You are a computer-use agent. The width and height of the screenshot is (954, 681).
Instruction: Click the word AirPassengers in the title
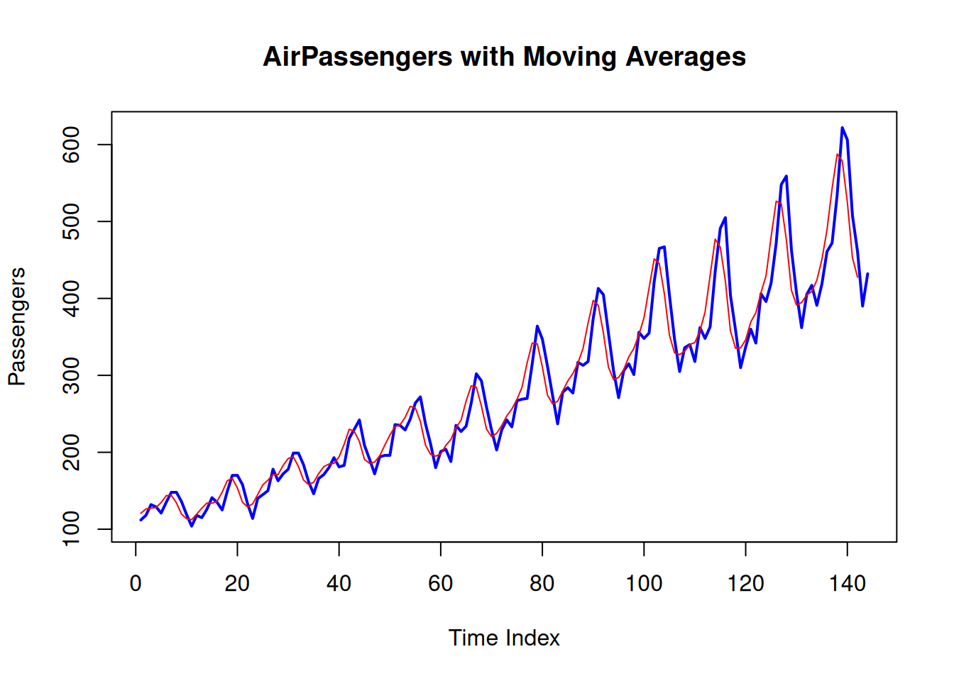[x=357, y=57]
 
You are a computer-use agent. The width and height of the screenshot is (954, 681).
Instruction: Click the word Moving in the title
[x=570, y=57]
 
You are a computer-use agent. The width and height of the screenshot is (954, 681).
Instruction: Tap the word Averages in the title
[x=686, y=57]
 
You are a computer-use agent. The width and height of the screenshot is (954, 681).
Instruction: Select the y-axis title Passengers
[x=17, y=327]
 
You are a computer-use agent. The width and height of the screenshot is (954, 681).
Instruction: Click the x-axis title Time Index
[x=504, y=638]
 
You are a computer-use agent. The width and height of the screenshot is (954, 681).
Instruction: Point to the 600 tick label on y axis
[x=71, y=145]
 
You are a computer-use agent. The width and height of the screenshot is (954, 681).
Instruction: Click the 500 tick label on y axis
[x=71, y=222]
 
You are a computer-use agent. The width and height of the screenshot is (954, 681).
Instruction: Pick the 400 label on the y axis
[x=71, y=299]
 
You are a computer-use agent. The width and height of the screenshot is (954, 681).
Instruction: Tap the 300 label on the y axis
[x=71, y=375]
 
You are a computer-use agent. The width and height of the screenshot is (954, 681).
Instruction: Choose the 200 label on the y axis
[x=71, y=453]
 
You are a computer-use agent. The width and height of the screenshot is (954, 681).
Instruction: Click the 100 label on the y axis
[x=71, y=529]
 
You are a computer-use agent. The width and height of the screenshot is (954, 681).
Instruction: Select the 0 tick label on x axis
[x=136, y=584]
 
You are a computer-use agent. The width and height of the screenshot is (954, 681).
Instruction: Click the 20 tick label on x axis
[x=237, y=584]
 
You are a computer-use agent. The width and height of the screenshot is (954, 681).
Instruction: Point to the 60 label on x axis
[x=440, y=584]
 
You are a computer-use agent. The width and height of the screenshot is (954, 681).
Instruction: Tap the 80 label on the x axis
[x=542, y=584]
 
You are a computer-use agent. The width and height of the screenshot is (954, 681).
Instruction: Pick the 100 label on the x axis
[x=644, y=584]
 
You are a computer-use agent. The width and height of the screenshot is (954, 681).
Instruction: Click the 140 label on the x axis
[x=848, y=584]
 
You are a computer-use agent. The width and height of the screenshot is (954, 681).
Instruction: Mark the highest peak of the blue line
[x=842, y=128]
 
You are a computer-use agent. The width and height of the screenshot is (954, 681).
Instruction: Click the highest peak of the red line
[x=838, y=155]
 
